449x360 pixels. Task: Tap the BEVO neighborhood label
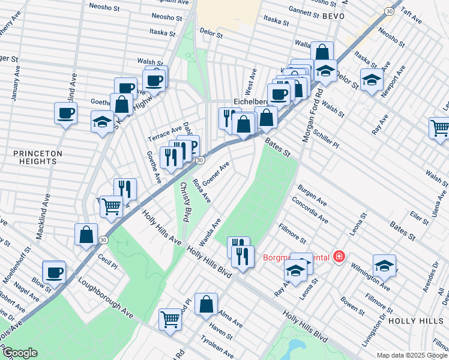pos(333,16)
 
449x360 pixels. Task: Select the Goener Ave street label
pos(216,173)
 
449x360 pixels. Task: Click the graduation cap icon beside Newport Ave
pos(372,79)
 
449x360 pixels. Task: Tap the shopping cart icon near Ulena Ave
pos(439,127)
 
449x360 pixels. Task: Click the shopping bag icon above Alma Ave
pos(206,304)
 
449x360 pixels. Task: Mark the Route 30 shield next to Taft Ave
pos(390,11)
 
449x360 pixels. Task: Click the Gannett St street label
pos(291,12)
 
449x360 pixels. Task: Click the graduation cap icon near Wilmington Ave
pos(384,265)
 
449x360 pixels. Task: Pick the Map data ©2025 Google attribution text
pos(412,355)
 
